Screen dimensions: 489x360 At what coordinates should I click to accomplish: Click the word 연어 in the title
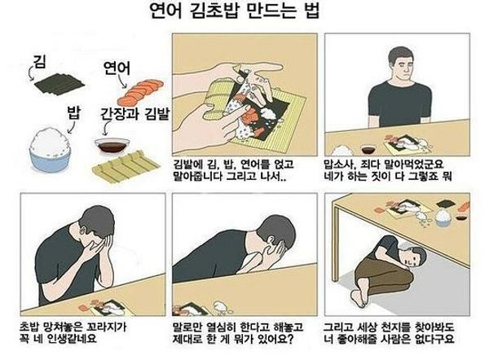click(x=165, y=11)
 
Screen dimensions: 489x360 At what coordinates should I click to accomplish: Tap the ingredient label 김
click(x=40, y=61)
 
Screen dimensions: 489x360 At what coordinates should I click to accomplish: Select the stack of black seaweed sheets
click(x=59, y=84)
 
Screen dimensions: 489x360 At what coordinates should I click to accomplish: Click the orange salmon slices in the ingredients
click(x=140, y=92)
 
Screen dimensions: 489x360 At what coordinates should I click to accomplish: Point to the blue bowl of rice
click(x=50, y=149)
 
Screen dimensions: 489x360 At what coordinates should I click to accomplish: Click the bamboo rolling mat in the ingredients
click(x=126, y=167)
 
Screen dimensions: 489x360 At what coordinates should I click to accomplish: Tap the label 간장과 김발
click(x=134, y=114)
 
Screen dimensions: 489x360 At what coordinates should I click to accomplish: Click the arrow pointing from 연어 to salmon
click(x=121, y=81)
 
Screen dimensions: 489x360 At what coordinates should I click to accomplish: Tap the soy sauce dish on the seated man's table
click(x=368, y=148)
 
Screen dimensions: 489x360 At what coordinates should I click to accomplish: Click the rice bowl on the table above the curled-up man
click(x=443, y=217)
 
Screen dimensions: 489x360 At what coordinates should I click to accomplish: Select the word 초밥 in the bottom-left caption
click(x=29, y=327)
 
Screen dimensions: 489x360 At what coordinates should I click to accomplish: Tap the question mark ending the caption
click(x=290, y=339)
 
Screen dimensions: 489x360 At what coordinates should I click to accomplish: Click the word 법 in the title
click(x=311, y=11)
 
